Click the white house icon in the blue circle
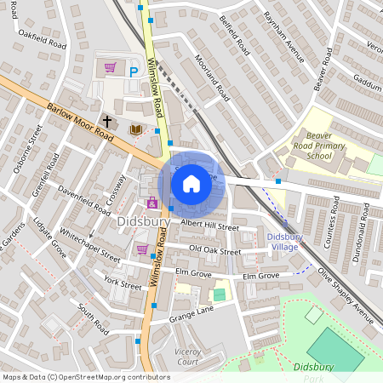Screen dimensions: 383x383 [191, 183]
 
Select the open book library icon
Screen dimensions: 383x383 [135, 129]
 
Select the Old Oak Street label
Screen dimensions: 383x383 [214, 250]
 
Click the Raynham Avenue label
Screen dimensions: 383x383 [283, 37]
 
